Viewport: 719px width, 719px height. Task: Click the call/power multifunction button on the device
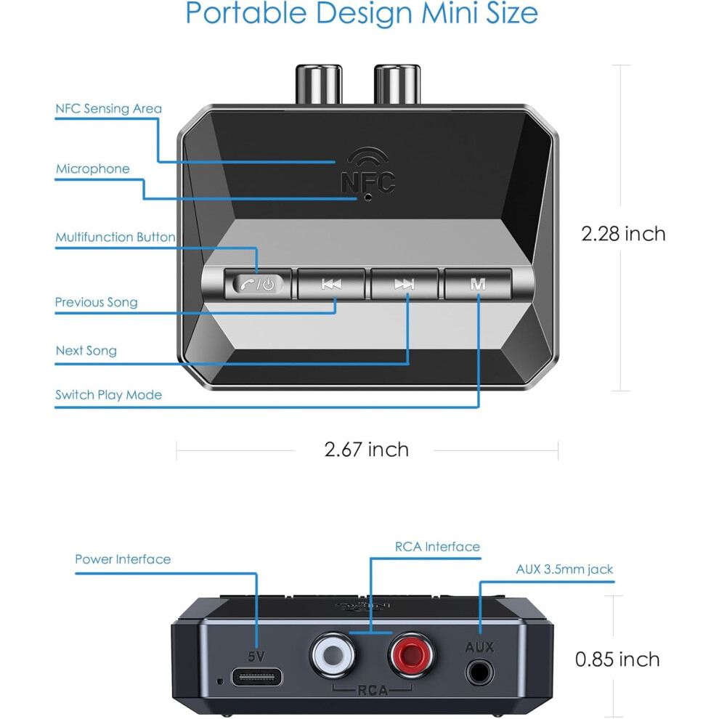(x=258, y=284)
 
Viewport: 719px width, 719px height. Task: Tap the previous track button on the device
(x=331, y=284)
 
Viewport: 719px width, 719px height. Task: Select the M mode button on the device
(x=478, y=284)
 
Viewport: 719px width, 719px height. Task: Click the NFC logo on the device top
(x=368, y=170)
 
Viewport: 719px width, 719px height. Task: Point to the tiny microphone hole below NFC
(x=367, y=198)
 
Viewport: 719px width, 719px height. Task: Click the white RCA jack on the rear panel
(x=333, y=655)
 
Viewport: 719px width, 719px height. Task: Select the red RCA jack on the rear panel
(x=411, y=655)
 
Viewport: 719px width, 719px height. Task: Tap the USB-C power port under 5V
(x=257, y=677)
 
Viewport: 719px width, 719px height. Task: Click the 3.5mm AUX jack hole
(x=479, y=673)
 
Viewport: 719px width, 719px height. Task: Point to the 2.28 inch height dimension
(x=623, y=234)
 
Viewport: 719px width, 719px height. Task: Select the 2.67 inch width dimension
(x=366, y=450)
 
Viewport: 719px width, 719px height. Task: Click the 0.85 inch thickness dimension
(x=617, y=659)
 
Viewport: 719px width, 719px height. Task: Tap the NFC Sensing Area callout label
(x=109, y=109)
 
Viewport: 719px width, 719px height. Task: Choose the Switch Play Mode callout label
(x=109, y=395)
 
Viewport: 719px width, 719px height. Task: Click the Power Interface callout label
(x=123, y=559)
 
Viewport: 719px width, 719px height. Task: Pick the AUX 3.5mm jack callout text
(x=564, y=569)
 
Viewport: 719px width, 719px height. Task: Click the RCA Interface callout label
(x=437, y=547)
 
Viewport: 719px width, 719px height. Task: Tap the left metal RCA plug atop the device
(x=319, y=84)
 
